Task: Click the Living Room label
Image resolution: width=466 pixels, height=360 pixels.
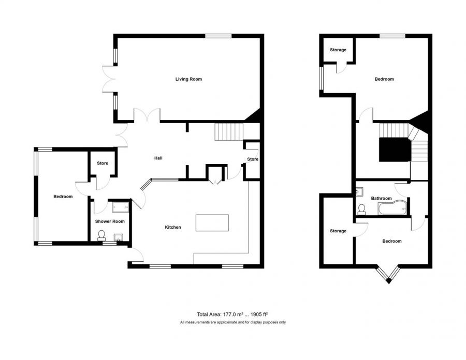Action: tap(188, 79)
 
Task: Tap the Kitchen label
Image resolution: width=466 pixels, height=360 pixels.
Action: tap(173, 227)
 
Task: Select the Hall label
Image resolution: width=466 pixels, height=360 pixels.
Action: tap(158, 158)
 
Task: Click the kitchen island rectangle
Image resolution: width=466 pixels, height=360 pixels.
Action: tap(212, 222)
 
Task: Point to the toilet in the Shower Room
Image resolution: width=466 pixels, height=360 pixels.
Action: tap(101, 235)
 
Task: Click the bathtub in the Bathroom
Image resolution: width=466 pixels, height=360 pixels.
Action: tap(392, 208)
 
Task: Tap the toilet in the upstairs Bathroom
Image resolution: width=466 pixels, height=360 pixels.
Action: tap(361, 209)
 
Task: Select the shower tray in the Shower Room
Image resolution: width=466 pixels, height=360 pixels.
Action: tap(120, 207)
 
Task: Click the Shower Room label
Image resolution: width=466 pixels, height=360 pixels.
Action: tap(110, 221)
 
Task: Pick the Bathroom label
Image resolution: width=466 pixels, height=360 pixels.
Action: tap(381, 198)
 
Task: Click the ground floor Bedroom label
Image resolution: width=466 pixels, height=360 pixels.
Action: tap(63, 197)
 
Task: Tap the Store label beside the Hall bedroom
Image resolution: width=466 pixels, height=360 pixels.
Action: tap(103, 163)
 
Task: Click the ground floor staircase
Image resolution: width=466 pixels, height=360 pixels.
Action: tap(229, 131)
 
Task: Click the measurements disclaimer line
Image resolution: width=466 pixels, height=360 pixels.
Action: tap(232, 322)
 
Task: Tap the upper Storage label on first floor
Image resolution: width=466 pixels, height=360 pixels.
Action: tap(338, 50)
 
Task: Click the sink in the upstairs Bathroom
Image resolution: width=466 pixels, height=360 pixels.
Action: tap(360, 191)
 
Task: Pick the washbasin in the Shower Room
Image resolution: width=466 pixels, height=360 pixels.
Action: tap(118, 237)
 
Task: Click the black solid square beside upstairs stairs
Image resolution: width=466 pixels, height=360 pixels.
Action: tap(395, 149)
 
